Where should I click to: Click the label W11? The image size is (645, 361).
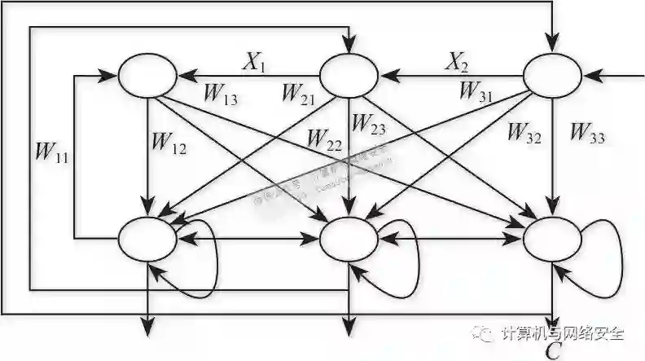pyautogui.click(x=50, y=152)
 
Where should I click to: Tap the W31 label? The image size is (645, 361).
pyautogui.click(x=476, y=91)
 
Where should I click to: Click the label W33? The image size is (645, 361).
pyautogui.click(x=587, y=131)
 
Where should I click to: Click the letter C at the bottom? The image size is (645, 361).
pyautogui.click(x=553, y=350)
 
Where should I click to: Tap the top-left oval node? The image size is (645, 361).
pyautogui.click(x=147, y=76)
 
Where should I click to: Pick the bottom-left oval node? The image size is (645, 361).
pyautogui.click(x=147, y=239)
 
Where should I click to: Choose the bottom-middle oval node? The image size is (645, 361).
pyautogui.click(x=349, y=239)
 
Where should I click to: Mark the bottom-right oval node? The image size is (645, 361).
pyautogui.click(x=552, y=239)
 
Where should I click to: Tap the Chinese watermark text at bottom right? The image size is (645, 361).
pyautogui.click(x=562, y=333)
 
